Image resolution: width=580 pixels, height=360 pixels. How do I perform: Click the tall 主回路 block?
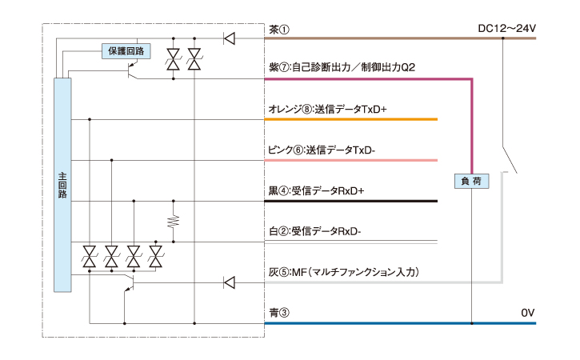pos(62,186)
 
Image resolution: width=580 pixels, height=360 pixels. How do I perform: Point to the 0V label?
pos(526,312)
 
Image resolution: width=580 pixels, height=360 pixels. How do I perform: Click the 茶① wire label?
pos(279,29)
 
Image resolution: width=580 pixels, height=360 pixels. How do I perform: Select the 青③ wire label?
pos(279,312)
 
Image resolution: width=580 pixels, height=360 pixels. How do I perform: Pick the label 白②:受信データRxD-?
pos(315,231)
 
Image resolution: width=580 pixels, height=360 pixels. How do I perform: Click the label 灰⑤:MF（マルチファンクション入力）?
pos(344,272)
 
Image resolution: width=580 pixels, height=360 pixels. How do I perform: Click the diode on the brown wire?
pos(229,37)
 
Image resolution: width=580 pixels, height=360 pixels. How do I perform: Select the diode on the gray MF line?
pos(229,282)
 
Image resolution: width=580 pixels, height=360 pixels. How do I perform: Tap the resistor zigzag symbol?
pos(174,220)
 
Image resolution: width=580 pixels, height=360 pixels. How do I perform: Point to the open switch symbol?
pos(507,160)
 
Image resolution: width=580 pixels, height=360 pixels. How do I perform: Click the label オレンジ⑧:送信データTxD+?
pos(328,109)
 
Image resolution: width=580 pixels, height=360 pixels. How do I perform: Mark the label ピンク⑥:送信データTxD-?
pos(323,150)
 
